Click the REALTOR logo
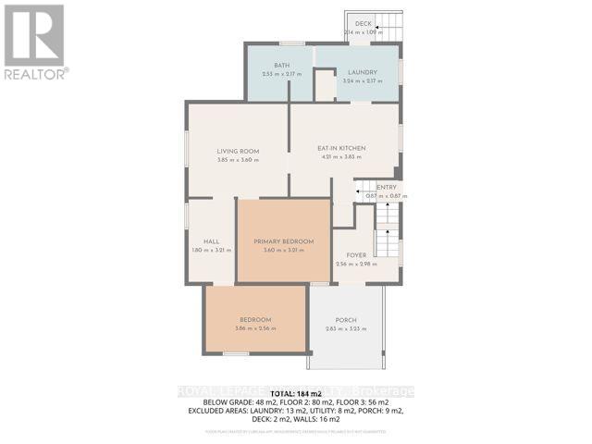[x=34, y=42]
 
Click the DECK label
[x=363, y=24]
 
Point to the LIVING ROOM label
[x=238, y=151]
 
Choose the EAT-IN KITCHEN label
[x=342, y=148]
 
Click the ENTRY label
[x=386, y=187]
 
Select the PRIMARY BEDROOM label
[x=283, y=240]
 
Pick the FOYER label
[x=357, y=254]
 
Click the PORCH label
[x=347, y=320]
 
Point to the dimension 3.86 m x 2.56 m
[x=255, y=328]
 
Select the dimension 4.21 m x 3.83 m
[x=342, y=157]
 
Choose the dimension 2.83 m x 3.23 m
[x=347, y=329]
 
